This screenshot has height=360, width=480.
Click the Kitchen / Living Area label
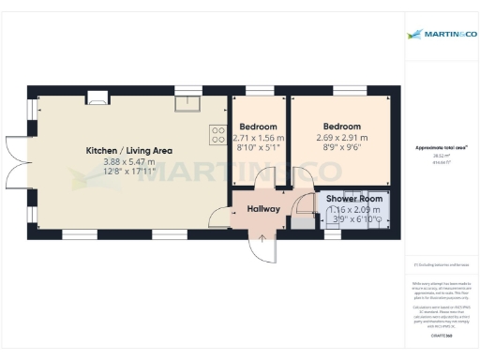point(129,150)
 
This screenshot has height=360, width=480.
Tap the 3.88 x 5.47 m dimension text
point(129,161)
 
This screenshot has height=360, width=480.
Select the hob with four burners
point(218,134)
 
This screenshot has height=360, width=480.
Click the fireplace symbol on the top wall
point(97,94)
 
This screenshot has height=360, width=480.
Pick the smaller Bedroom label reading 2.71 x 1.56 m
point(258,127)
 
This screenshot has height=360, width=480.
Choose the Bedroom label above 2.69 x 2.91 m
point(342,127)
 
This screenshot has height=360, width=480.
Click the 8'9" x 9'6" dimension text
point(342,148)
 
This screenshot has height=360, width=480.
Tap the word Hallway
point(263,208)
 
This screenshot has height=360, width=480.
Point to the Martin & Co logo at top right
point(440,34)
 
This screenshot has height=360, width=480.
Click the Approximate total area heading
point(442,148)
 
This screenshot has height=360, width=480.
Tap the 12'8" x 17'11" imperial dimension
point(129,172)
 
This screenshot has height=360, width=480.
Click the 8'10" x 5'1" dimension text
point(258,148)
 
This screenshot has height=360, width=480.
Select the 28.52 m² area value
point(442,156)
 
